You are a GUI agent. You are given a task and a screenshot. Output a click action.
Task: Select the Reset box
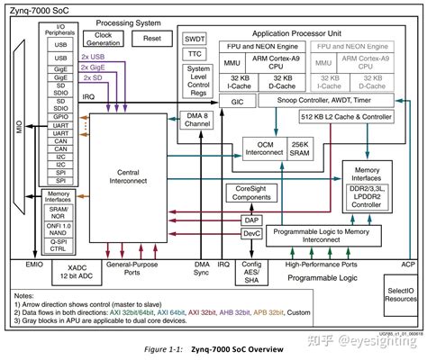(x=151, y=38)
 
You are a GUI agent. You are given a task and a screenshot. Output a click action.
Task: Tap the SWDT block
(x=195, y=39)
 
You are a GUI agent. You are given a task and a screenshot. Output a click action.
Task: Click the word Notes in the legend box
(x=29, y=294)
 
